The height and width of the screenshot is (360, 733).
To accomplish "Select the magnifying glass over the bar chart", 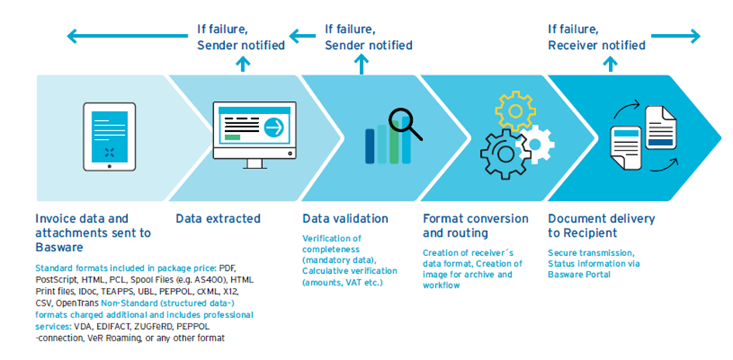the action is pyautogui.click(x=405, y=123).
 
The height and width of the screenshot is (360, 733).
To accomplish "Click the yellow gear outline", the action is pyautogui.click(x=515, y=110).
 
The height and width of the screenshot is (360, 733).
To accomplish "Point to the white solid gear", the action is pyautogui.click(x=535, y=144).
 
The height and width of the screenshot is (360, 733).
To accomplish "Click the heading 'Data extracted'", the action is pyautogui.click(x=218, y=218).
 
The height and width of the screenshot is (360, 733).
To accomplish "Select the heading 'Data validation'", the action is pyautogui.click(x=345, y=218).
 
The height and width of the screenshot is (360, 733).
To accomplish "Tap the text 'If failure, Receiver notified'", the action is pyautogui.click(x=596, y=37).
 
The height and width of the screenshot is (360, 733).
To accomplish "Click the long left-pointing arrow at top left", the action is pyautogui.click(x=127, y=36).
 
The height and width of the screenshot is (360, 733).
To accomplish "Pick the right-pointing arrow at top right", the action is pyautogui.click(x=676, y=36).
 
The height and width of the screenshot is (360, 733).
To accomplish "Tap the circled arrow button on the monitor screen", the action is pyautogui.click(x=274, y=128).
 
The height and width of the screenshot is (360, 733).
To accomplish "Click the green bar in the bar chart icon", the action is pyautogui.click(x=394, y=142).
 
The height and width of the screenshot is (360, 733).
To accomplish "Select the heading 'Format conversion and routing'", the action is pyautogui.click(x=476, y=225).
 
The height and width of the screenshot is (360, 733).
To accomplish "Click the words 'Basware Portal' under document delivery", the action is pyautogui.click(x=579, y=275).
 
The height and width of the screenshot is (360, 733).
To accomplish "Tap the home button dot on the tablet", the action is pyautogui.click(x=109, y=165).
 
